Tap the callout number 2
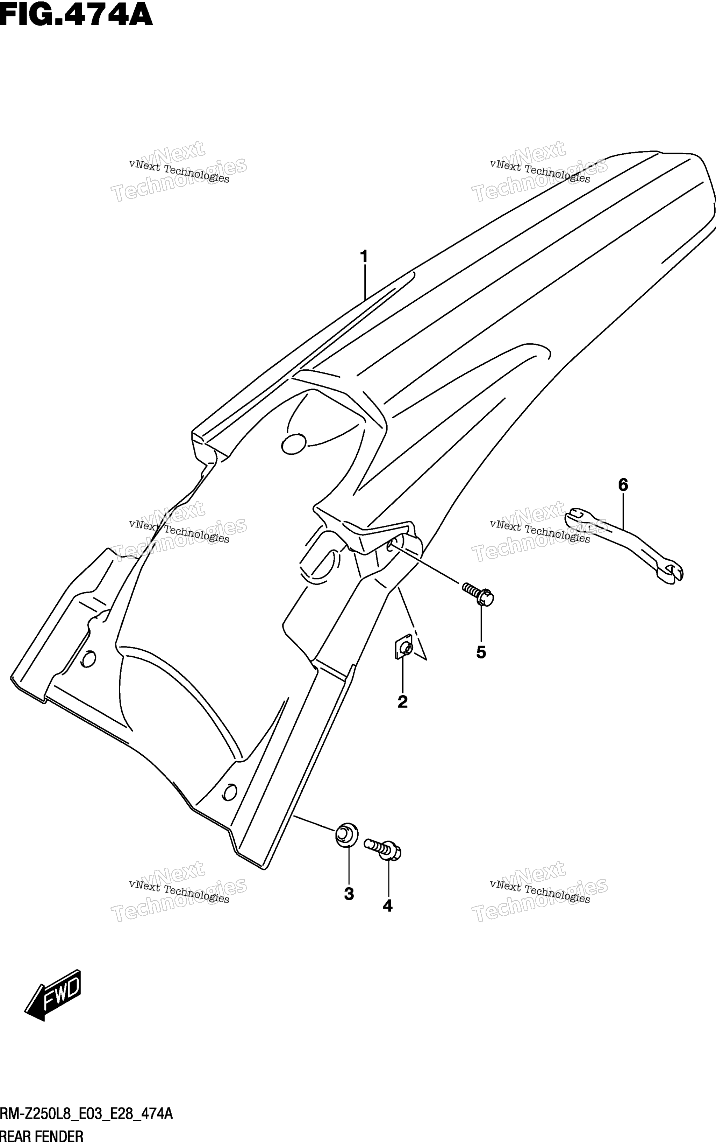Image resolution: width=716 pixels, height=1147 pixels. click(x=402, y=701)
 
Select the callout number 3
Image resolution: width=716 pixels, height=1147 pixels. click(x=349, y=894)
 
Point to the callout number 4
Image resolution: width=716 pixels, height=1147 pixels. click(x=387, y=906)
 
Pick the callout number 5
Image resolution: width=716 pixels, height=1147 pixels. click(x=481, y=653)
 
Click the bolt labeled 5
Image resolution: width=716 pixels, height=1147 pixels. click(x=478, y=594)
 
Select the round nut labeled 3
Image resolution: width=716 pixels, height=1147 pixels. click(x=346, y=834)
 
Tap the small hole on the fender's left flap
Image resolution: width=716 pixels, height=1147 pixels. click(x=88, y=659)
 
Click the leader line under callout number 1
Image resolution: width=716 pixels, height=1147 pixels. click(x=365, y=282)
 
